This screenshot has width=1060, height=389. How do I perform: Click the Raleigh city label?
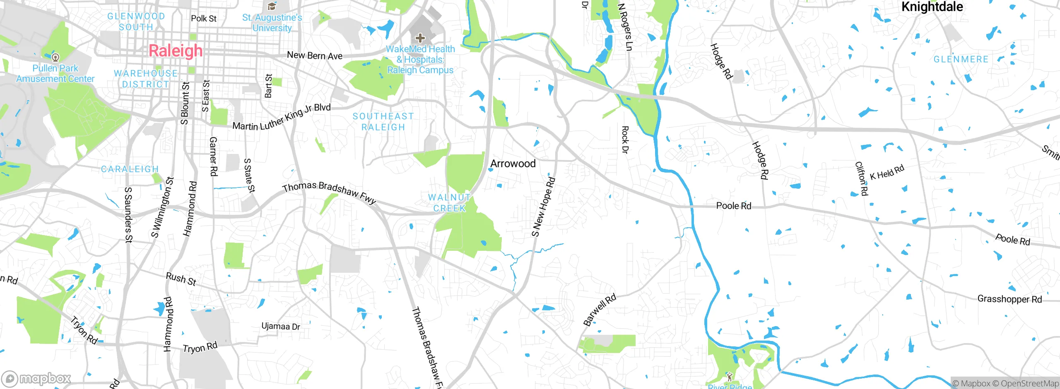tap(176, 51)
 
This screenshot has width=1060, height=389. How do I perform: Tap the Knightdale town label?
tap(932, 7)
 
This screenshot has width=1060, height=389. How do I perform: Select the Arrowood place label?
tap(513, 163)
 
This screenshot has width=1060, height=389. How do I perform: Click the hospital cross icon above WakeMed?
tap(420, 38)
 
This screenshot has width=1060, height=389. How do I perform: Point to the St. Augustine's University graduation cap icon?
tap(272, 6)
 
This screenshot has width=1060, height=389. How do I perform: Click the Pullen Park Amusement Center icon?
tap(55, 57)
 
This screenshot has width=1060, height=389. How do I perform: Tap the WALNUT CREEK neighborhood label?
tap(449, 203)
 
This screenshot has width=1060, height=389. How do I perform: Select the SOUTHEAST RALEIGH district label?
tap(383, 122)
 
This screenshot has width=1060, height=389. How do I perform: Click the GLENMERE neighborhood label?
tap(961, 59)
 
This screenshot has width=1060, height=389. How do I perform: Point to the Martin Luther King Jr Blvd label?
tap(282, 117)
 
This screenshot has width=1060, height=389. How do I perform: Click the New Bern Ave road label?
tap(315, 55)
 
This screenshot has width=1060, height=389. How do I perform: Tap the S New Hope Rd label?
tap(543, 207)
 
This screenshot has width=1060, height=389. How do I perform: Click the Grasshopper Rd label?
tap(1009, 299)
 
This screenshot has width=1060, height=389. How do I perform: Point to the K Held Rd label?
tap(887, 172)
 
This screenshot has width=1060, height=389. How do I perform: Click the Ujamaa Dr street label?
tap(281, 327)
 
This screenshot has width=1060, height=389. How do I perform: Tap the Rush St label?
tap(181, 279)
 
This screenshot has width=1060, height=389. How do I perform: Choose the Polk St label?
tap(204, 19)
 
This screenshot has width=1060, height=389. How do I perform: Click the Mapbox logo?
tap(36, 379)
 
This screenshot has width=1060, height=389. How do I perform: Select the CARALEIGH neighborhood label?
tap(130, 169)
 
